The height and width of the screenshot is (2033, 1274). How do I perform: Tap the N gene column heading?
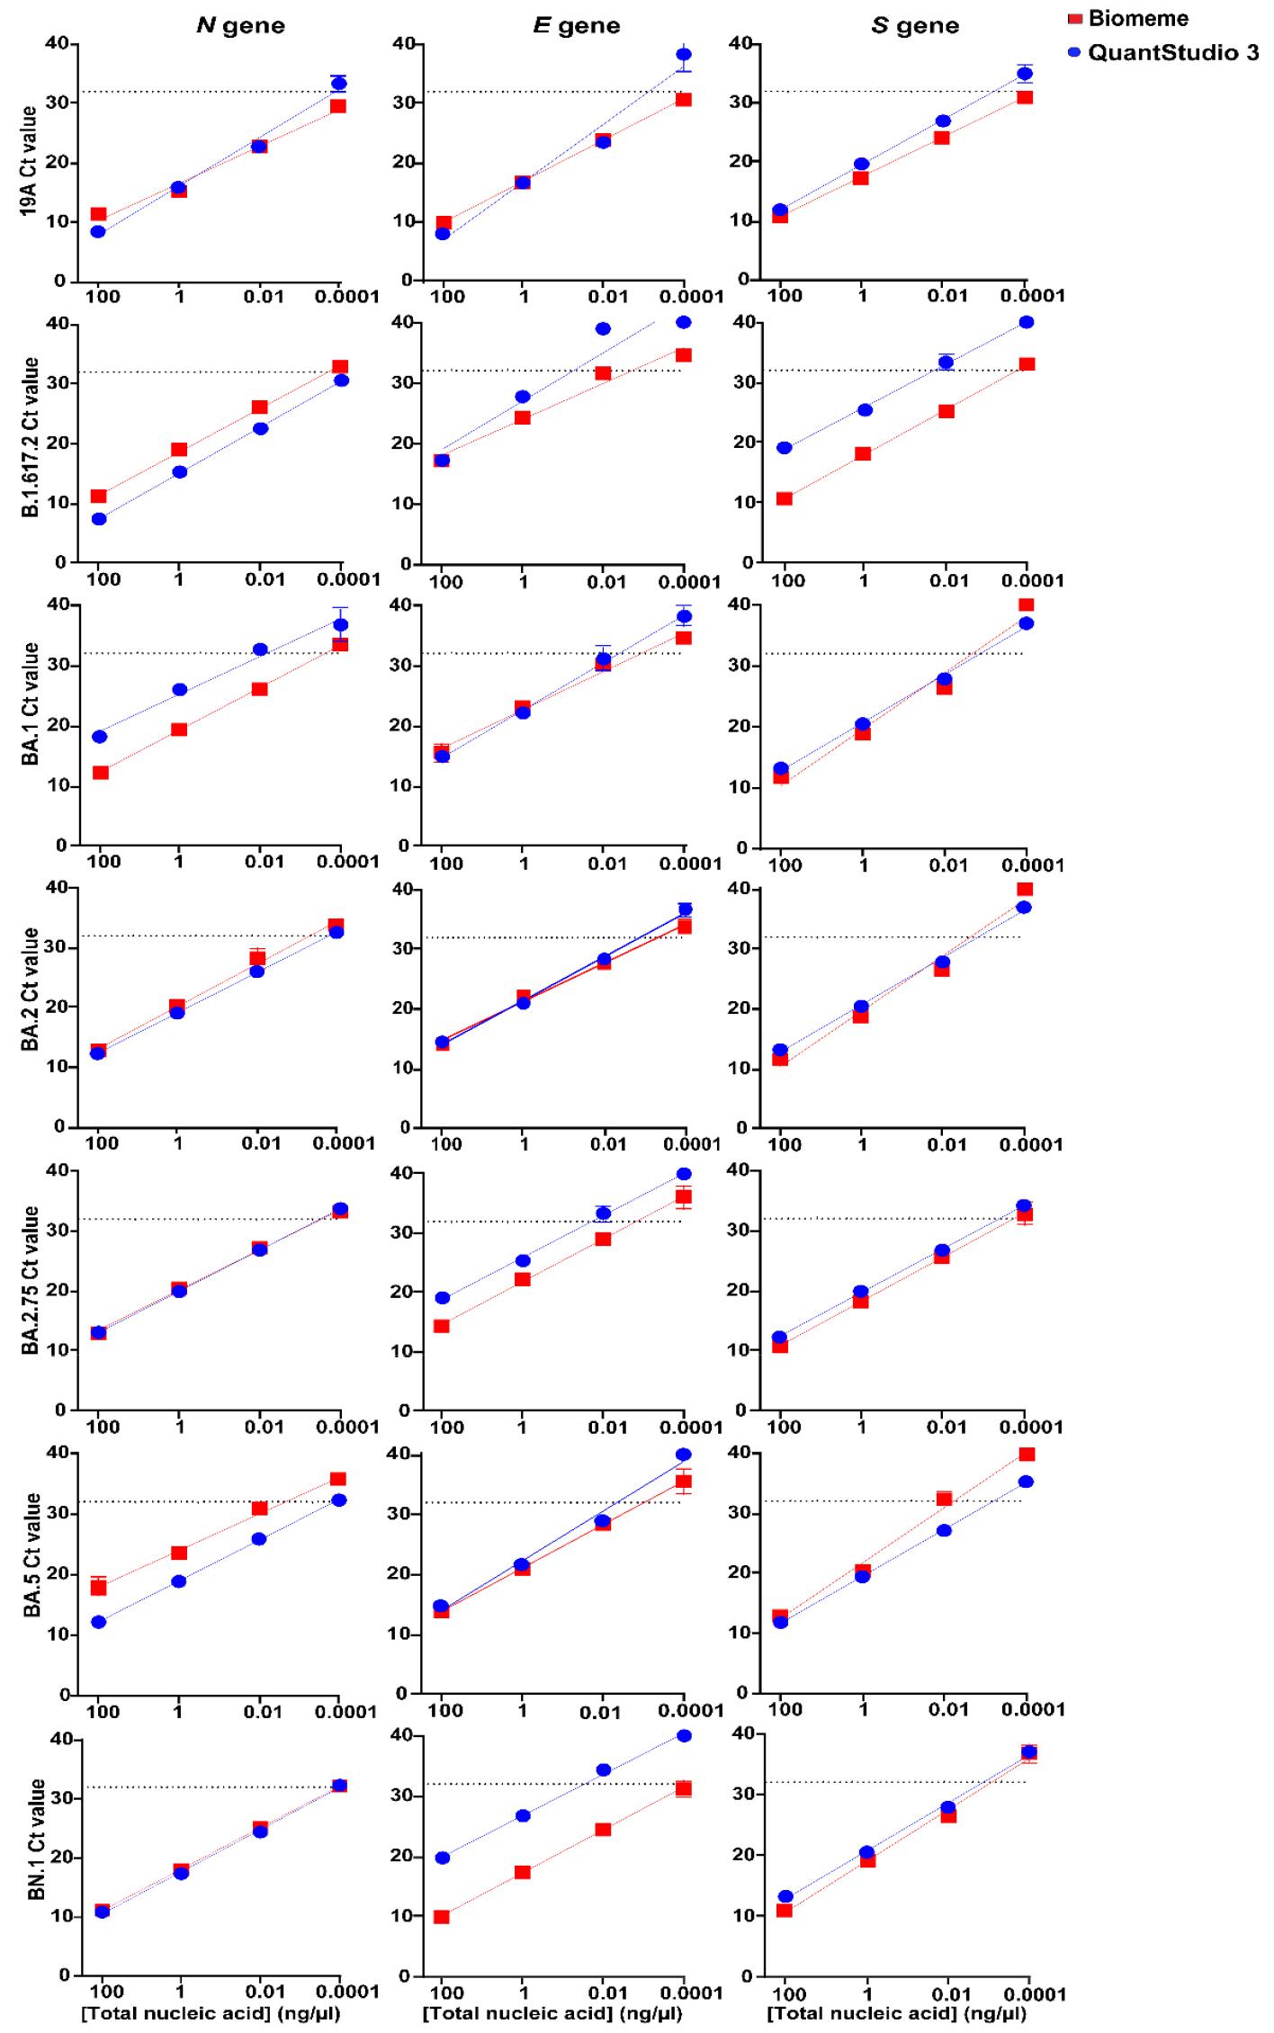tap(240, 26)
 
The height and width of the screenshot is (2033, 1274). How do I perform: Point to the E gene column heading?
tap(577, 26)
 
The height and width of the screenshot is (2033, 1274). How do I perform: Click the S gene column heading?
tap(915, 26)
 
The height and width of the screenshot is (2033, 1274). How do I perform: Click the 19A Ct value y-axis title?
tap(29, 161)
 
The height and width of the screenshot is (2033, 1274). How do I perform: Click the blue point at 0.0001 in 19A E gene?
tap(684, 55)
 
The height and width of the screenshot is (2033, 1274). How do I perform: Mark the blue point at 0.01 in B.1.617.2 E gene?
tap(603, 329)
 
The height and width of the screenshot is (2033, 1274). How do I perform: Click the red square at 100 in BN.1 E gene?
tap(442, 1917)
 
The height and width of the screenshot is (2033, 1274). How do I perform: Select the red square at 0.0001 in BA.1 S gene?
tap(1026, 605)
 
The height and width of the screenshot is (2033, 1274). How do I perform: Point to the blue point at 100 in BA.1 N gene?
tap(100, 737)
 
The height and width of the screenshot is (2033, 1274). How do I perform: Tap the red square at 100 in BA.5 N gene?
tap(99, 1588)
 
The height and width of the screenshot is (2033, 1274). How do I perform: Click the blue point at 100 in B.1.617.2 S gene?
tap(785, 448)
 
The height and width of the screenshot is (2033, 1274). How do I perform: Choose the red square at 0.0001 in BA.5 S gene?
tap(1026, 1455)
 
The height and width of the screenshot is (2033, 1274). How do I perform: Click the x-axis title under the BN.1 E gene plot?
tap(552, 2013)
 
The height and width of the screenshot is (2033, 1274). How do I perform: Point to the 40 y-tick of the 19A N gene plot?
tap(58, 42)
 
